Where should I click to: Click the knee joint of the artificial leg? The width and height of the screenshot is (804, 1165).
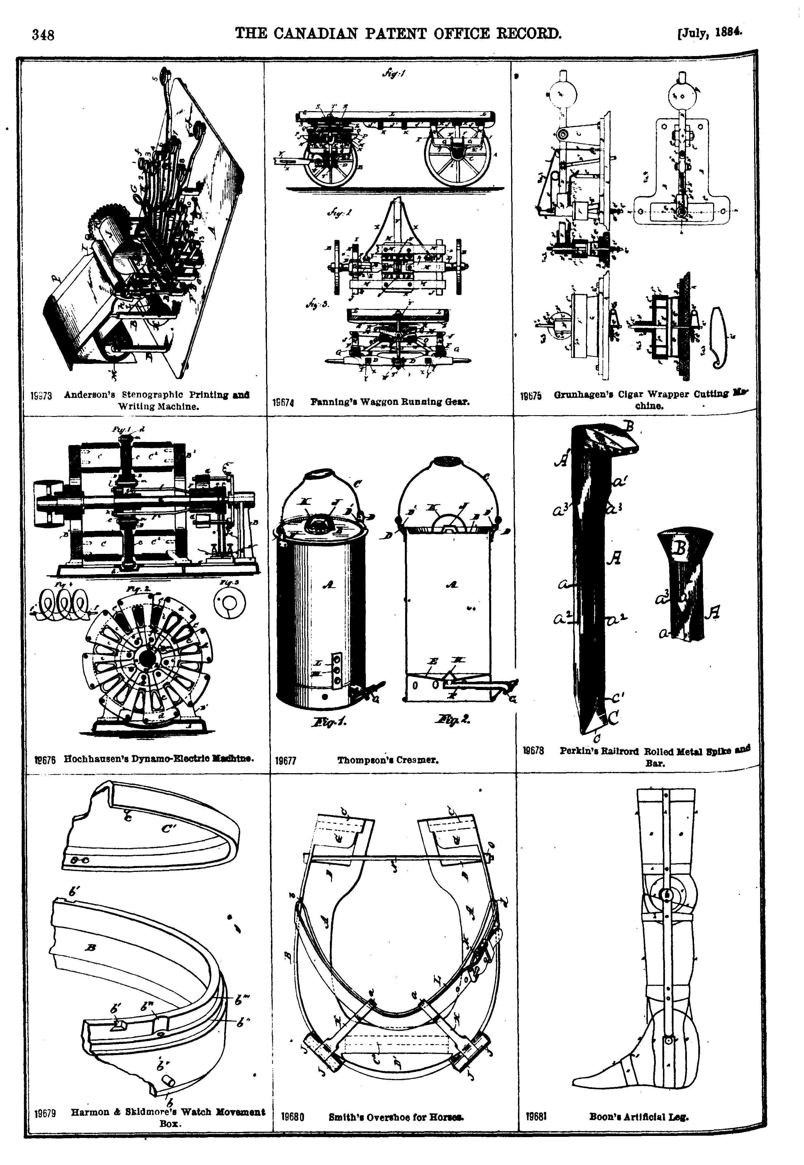(667, 895)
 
